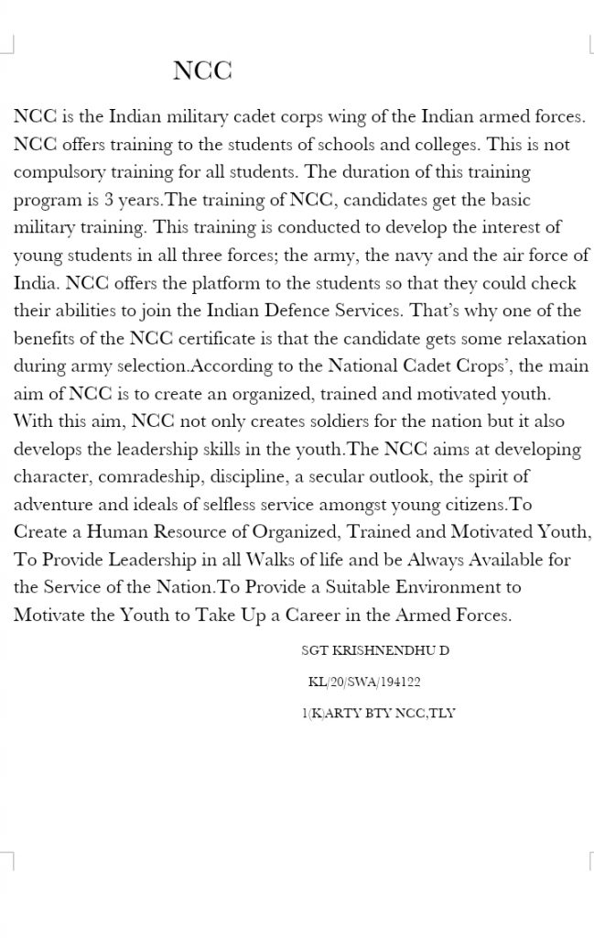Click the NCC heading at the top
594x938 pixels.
tap(202, 71)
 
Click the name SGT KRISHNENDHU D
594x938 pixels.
tap(374, 650)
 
